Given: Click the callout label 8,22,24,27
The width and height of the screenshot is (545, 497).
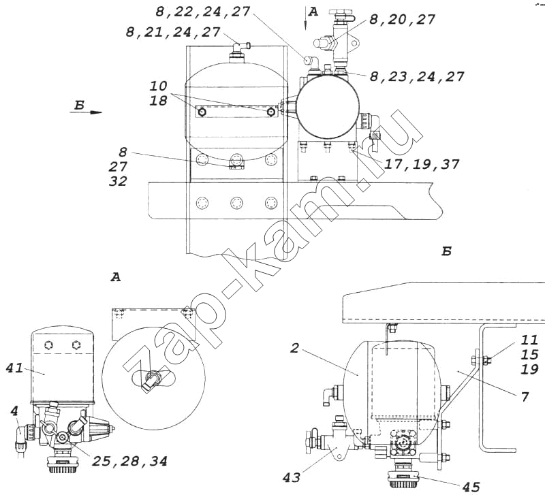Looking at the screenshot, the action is point(202,12).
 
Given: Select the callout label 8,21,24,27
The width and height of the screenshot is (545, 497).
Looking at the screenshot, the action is point(173,32).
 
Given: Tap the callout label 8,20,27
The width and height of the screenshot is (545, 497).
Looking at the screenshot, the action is point(402,20).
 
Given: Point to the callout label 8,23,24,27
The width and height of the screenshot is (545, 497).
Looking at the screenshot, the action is point(417,76).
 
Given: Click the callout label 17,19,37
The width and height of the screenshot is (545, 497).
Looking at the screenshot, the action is point(422,164).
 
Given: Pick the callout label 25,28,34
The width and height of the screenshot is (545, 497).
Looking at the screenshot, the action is point(129,461).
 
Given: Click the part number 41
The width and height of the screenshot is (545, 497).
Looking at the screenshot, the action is point(14,368).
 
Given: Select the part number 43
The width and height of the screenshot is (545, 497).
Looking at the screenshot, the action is point(292,478).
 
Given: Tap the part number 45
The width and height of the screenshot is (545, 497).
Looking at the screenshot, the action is point(471,487).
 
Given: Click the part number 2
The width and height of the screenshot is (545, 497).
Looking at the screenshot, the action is point(294,348).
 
